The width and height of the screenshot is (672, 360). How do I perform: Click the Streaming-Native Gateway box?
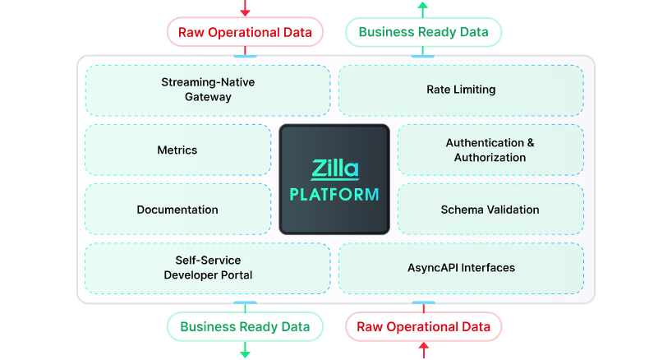[208, 90]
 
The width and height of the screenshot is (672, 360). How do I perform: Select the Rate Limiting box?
[461, 90]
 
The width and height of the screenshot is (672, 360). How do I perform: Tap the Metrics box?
[177, 150]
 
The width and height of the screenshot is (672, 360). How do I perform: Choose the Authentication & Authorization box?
[490, 150]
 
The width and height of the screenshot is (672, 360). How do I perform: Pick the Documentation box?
[177, 210]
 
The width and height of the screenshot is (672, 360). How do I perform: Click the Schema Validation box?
[490, 210]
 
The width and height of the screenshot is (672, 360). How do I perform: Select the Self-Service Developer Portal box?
[208, 268]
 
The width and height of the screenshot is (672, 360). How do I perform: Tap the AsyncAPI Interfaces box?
[461, 268]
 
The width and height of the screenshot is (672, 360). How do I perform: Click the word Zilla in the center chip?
[334, 169]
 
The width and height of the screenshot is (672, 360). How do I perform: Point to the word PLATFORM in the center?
[334, 195]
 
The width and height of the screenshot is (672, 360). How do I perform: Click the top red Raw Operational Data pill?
[245, 33]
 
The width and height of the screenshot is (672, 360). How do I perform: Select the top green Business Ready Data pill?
[423, 33]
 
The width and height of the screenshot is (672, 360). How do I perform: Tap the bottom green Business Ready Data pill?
[245, 327]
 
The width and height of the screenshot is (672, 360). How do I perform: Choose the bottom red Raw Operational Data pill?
[423, 327]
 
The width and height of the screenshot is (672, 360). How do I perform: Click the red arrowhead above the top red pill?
[245, 12]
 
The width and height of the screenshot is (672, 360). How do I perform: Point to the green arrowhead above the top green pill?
[423, 5]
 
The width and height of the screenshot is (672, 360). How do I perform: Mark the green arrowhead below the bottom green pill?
[245, 353]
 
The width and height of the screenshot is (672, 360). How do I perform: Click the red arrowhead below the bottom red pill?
[423, 347]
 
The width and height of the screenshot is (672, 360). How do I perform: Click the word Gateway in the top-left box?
[208, 97]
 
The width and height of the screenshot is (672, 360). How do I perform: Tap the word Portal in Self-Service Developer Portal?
[234, 275]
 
